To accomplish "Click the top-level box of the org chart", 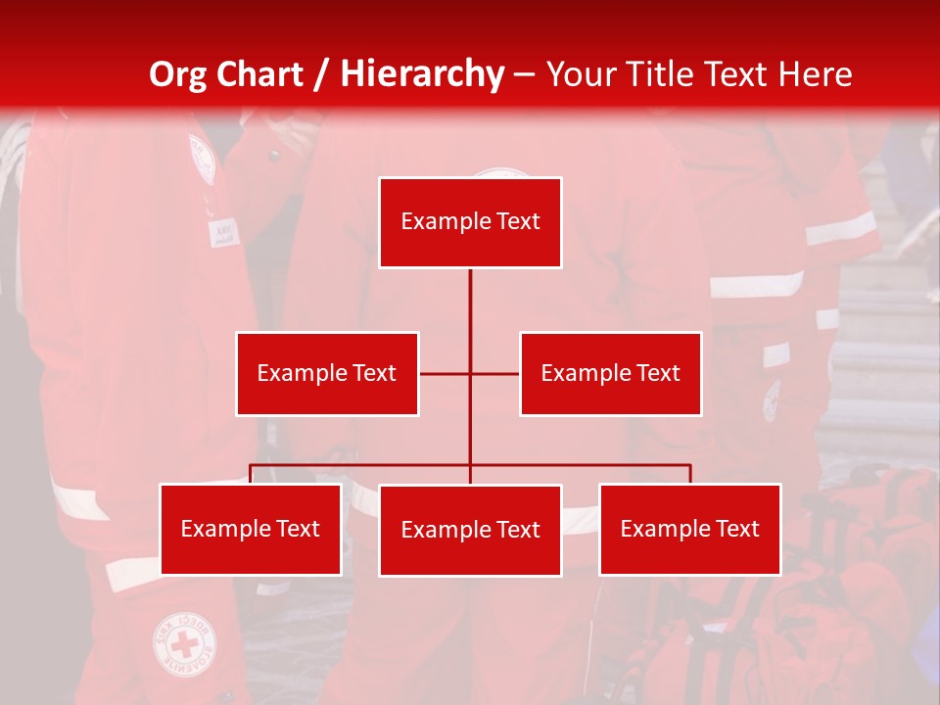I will pyautogui.click(x=470, y=222).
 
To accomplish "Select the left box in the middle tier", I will pyautogui.click(x=327, y=373).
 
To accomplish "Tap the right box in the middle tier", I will pyautogui.click(x=610, y=373).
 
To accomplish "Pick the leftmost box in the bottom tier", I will pyautogui.click(x=251, y=529).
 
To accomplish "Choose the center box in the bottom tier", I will pyautogui.click(x=470, y=530).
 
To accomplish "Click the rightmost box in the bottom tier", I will pyautogui.click(x=689, y=529).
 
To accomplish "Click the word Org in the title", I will pyautogui.click(x=177, y=74).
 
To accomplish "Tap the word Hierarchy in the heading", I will pyautogui.click(x=421, y=74).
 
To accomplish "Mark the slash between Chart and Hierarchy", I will pyautogui.click(x=321, y=74).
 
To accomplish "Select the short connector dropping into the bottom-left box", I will pyautogui.click(x=251, y=474).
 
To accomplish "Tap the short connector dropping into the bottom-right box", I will pyautogui.click(x=689, y=474).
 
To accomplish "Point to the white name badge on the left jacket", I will pyautogui.click(x=220, y=232).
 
